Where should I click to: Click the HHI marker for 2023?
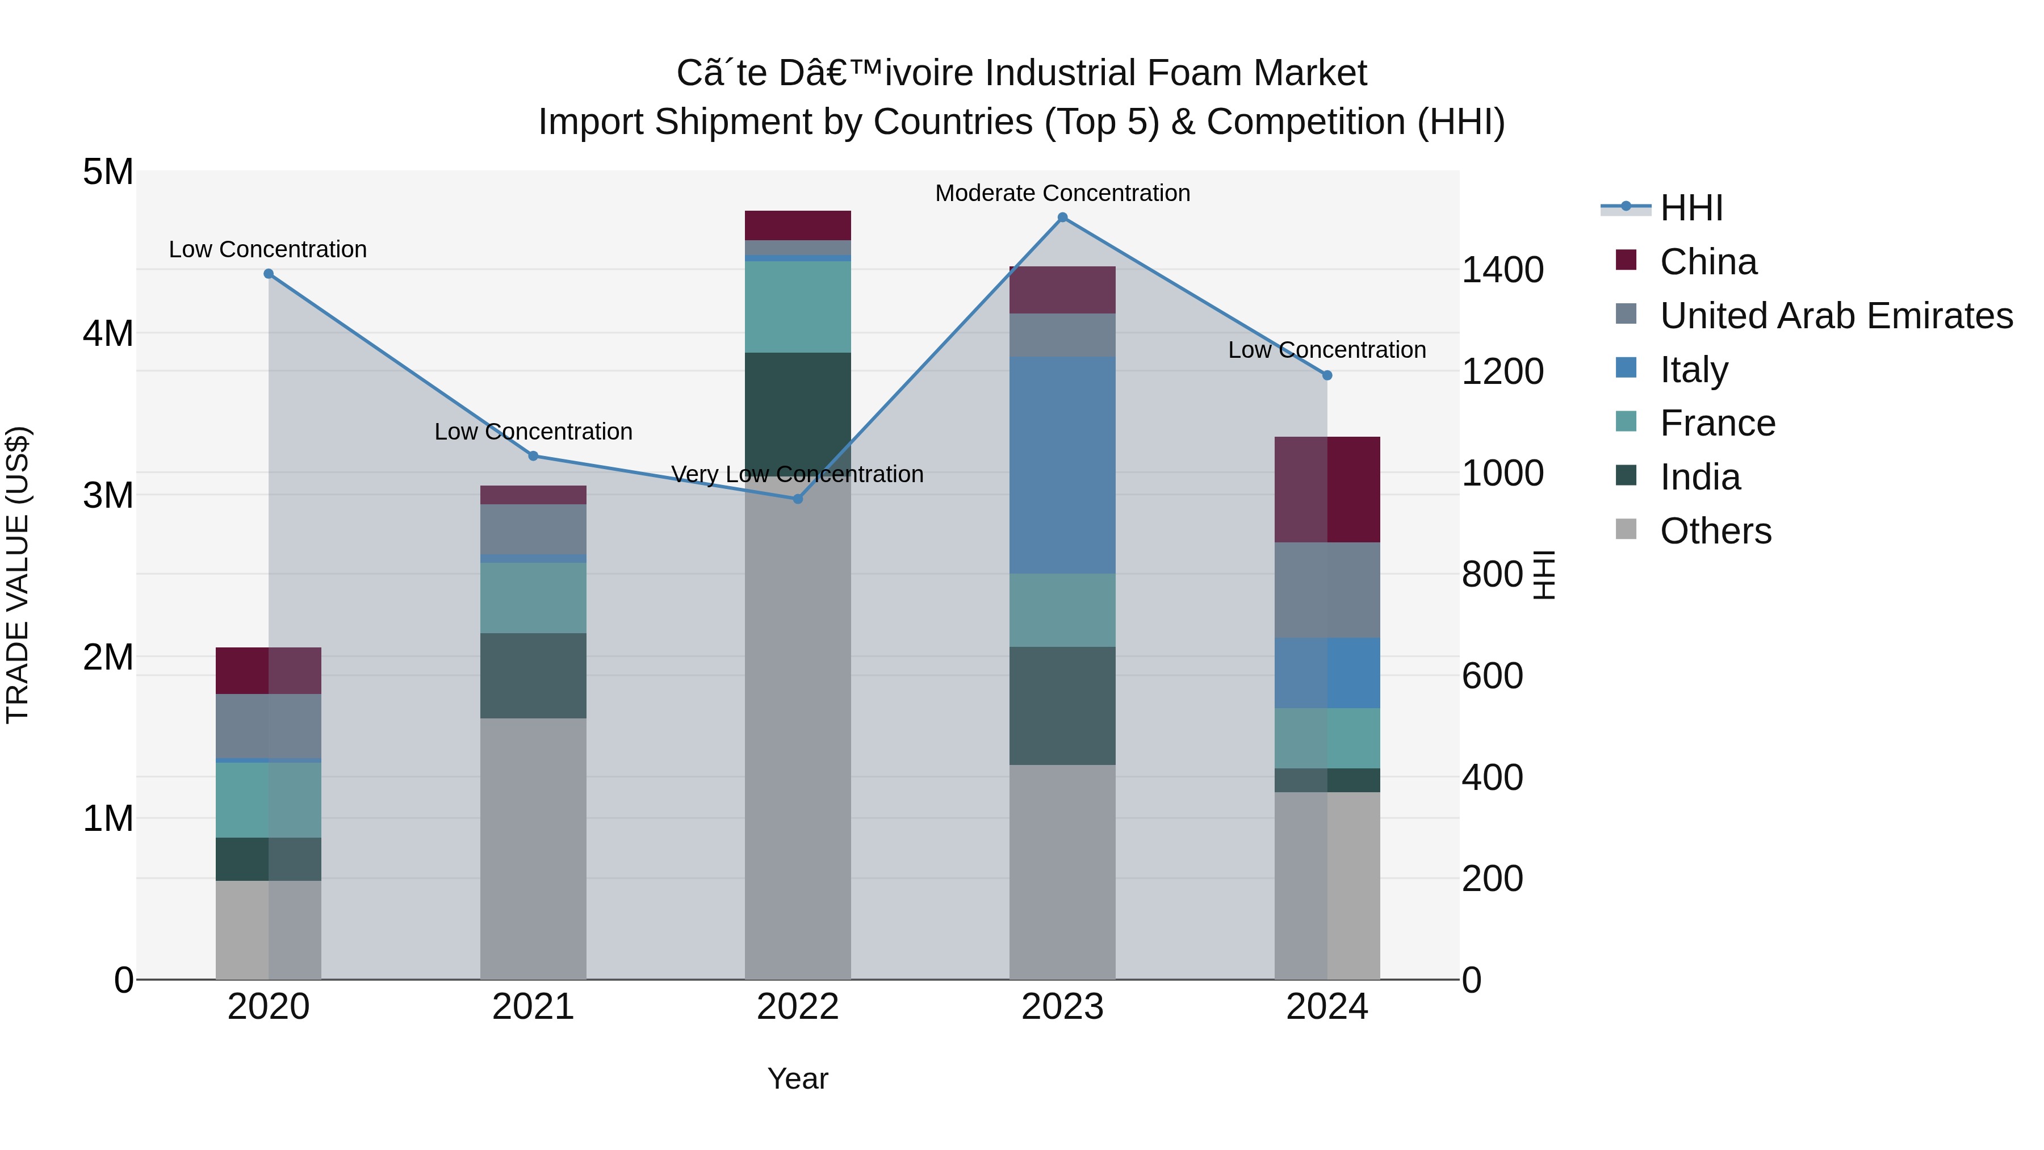click(x=1062, y=218)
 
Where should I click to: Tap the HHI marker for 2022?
click(x=798, y=499)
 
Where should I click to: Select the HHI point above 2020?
click(x=268, y=274)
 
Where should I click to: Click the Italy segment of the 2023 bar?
click(x=1062, y=465)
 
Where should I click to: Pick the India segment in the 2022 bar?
click(x=798, y=413)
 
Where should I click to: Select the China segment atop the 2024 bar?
click(x=1327, y=490)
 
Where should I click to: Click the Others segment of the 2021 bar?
click(x=533, y=848)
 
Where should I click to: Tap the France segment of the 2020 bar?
click(x=268, y=800)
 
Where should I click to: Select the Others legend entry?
click(x=1715, y=531)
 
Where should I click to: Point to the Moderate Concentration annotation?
click(x=1062, y=193)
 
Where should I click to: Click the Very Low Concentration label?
click(x=798, y=474)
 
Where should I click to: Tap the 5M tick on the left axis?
click(x=108, y=172)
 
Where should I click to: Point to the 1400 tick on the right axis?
click(x=1502, y=270)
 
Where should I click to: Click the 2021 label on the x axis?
click(x=533, y=1007)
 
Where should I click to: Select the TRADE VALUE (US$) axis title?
click(x=18, y=575)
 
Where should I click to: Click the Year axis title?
click(x=798, y=1078)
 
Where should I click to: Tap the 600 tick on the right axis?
click(x=1492, y=676)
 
